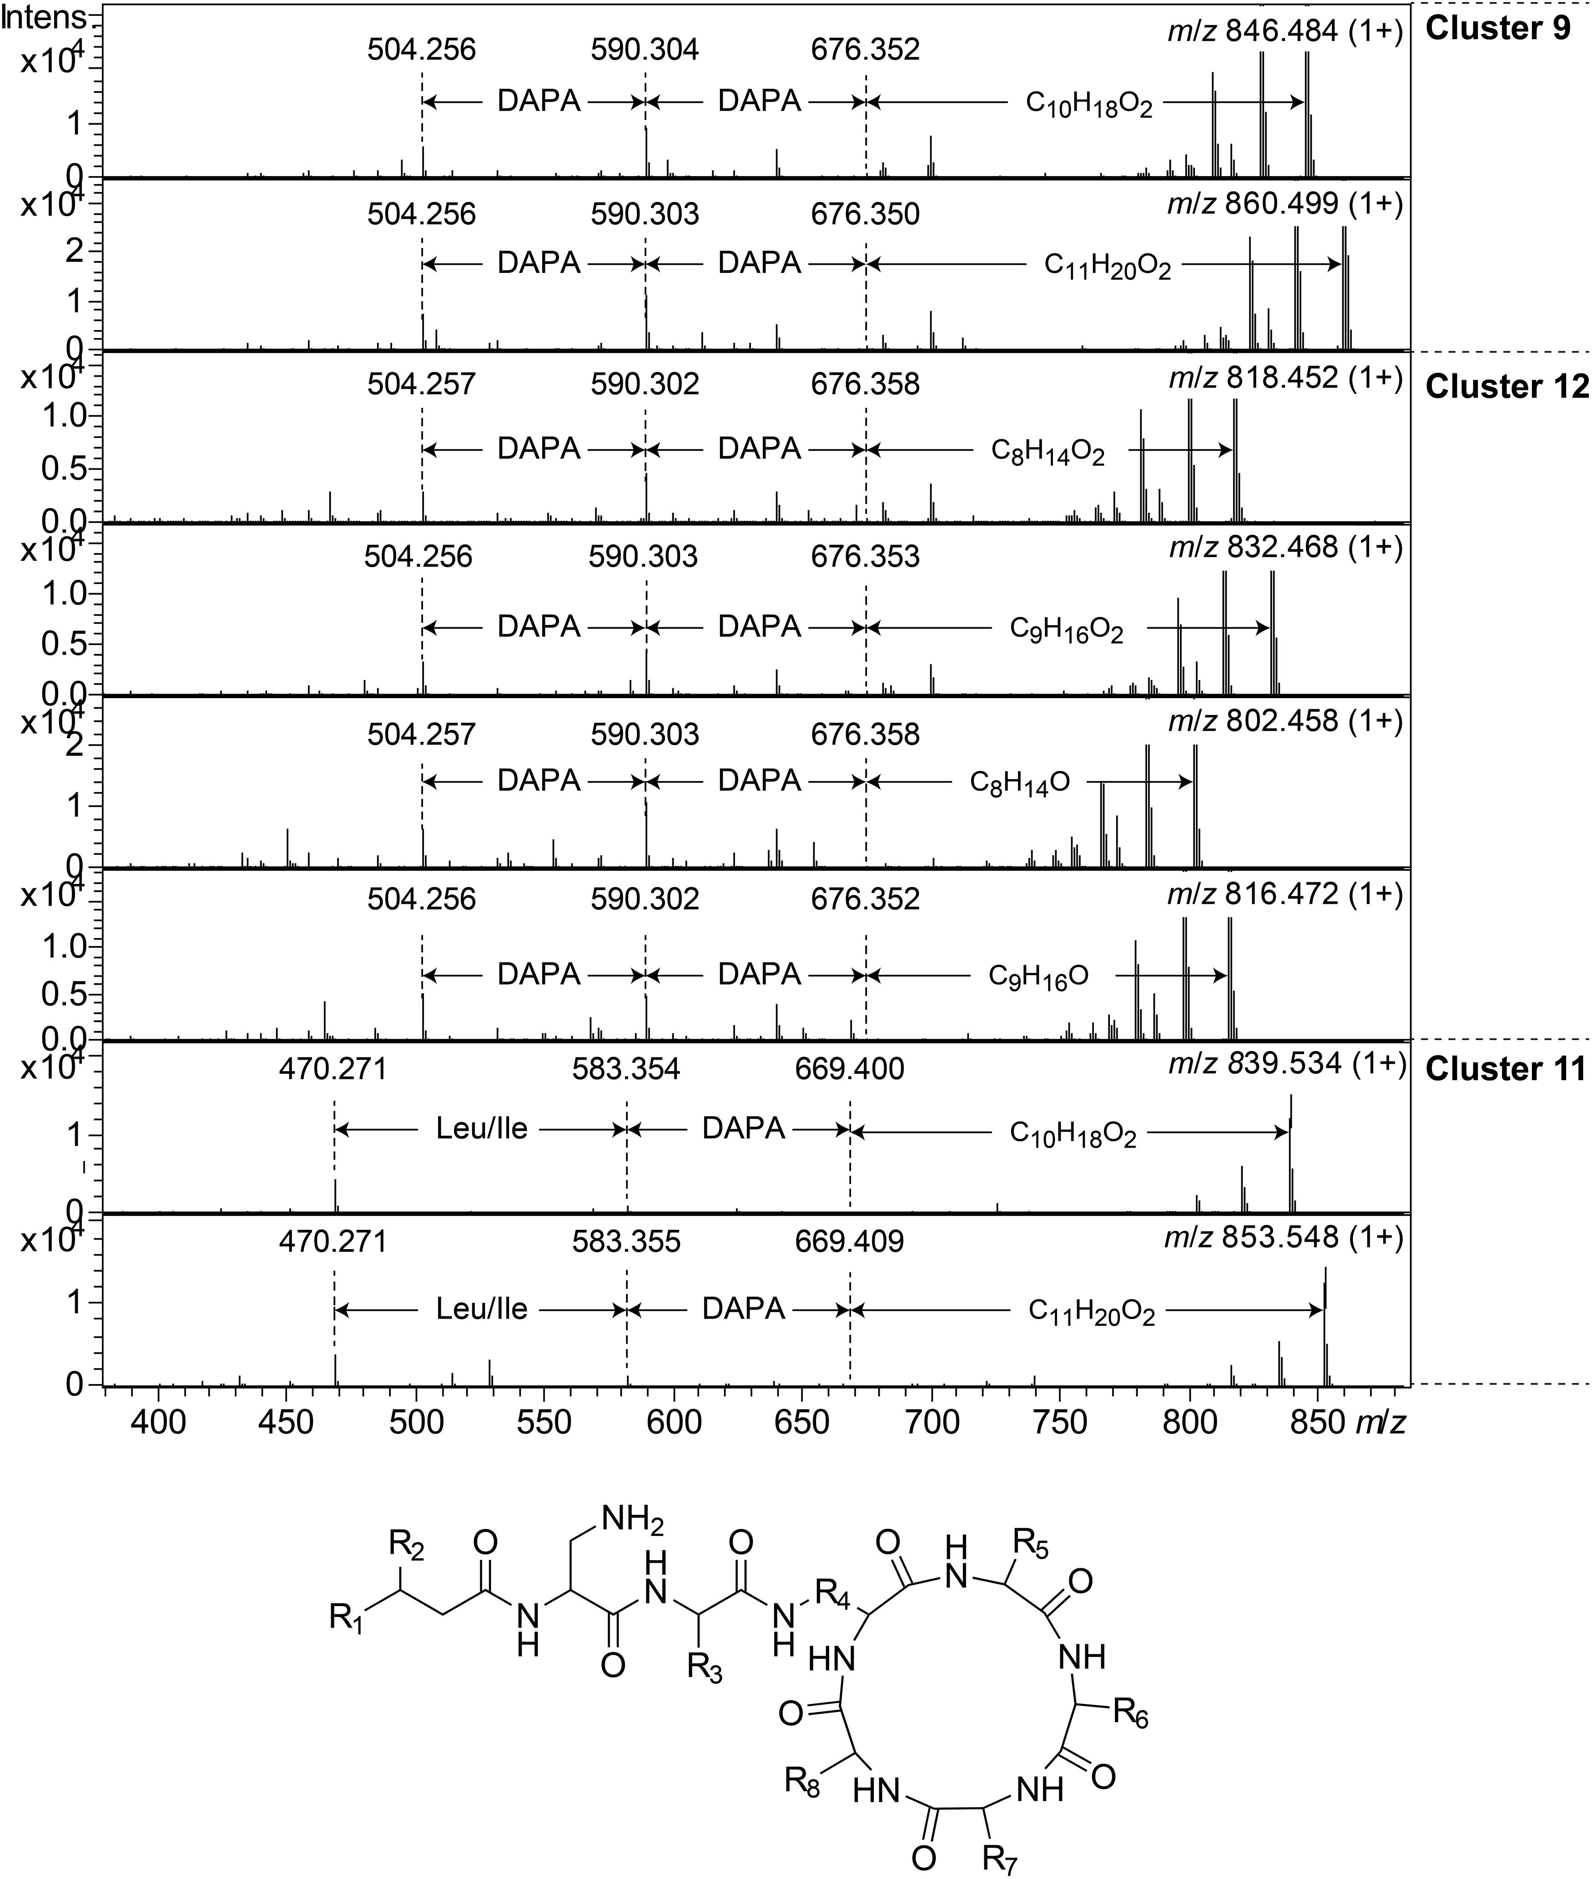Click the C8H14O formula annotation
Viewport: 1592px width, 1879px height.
click(1020, 781)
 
